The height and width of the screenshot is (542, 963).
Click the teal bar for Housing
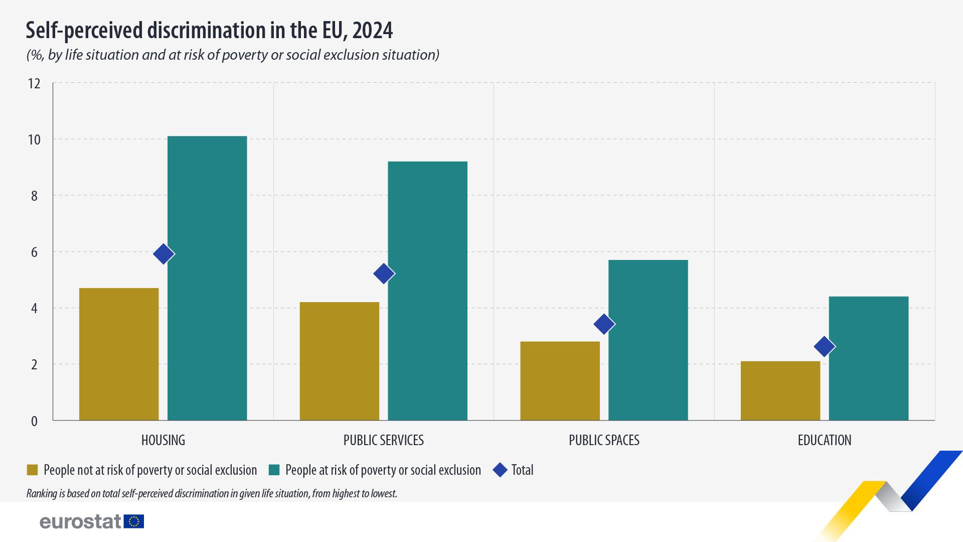(x=207, y=278)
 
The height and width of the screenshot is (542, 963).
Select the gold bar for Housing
(x=119, y=354)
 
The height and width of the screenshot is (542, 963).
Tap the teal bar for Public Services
(x=427, y=291)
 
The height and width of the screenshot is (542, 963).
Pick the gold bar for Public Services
(x=340, y=361)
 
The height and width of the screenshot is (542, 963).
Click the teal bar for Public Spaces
(x=648, y=340)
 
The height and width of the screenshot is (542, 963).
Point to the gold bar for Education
(x=780, y=390)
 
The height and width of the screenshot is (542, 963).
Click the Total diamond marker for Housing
(x=164, y=254)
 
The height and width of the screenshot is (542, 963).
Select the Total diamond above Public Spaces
(x=604, y=324)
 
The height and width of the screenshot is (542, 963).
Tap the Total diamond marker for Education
(x=825, y=346)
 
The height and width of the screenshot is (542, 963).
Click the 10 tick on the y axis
(x=34, y=140)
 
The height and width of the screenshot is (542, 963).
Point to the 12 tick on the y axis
(x=34, y=83)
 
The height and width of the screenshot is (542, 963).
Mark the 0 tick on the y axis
(x=34, y=421)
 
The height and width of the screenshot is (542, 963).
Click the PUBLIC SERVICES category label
(x=384, y=440)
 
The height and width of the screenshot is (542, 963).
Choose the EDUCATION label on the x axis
(x=825, y=440)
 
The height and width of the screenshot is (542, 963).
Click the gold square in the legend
(x=32, y=470)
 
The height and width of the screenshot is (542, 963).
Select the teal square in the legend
(x=274, y=470)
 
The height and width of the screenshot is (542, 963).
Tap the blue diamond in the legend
(x=500, y=470)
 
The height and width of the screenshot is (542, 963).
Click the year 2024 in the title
(x=372, y=31)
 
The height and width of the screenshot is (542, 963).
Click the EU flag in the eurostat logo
(x=134, y=521)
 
